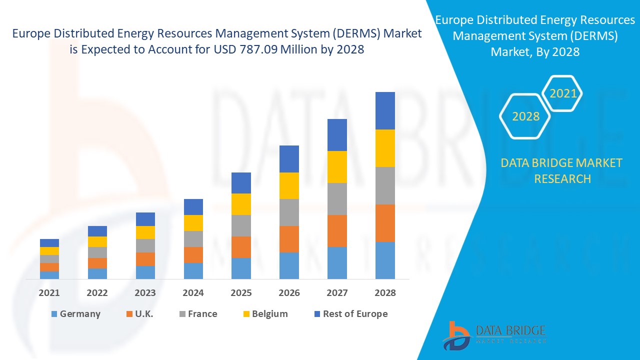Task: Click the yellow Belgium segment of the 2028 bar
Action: (x=385, y=148)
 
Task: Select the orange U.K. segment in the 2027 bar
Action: (x=337, y=230)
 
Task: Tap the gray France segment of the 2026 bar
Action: (x=289, y=212)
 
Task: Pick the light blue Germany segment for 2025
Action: (x=241, y=268)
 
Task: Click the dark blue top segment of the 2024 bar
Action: (x=193, y=207)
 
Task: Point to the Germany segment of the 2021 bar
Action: (x=49, y=275)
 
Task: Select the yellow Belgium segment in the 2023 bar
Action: (x=145, y=232)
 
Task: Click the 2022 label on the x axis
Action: (x=97, y=293)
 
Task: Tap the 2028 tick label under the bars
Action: (x=385, y=293)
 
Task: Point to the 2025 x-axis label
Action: (x=241, y=293)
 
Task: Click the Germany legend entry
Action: (x=75, y=314)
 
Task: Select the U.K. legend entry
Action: (x=139, y=314)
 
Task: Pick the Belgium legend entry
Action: (x=265, y=314)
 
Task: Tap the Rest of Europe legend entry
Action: (x=350, y=314)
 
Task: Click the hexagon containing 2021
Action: (x=562, y=93)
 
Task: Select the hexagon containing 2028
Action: (x=525, y=116)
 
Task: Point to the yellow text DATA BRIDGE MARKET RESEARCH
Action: (x=561, y=170)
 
